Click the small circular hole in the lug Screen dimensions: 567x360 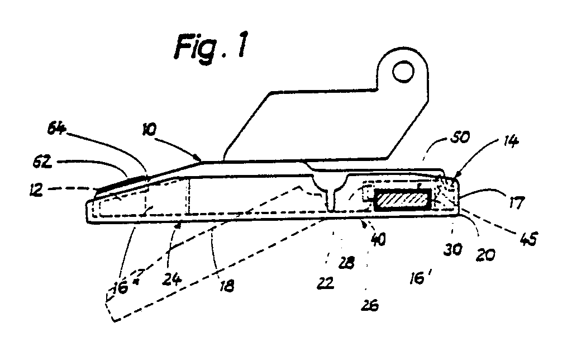coord(403,71)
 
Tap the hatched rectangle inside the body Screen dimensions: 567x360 coord(402,200)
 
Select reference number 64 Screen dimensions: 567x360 coord(57,129)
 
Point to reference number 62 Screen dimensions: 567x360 coord(42,162)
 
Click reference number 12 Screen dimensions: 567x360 coord(37,189)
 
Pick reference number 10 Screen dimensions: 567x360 coord(149,130)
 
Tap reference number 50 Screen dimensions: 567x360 coord(460,137)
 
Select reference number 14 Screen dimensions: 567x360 coord(511,140)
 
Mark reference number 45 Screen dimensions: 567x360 coord(528,239)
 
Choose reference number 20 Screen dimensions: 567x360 coord(485,255)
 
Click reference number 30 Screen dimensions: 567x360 coord(452,249)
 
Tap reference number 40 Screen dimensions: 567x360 coord(378,239)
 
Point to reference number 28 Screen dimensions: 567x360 coord(346,263)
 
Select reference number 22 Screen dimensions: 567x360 coord(326,283)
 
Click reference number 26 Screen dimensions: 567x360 coord(370,305)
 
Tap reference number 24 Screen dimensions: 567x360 coord(171,280)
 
